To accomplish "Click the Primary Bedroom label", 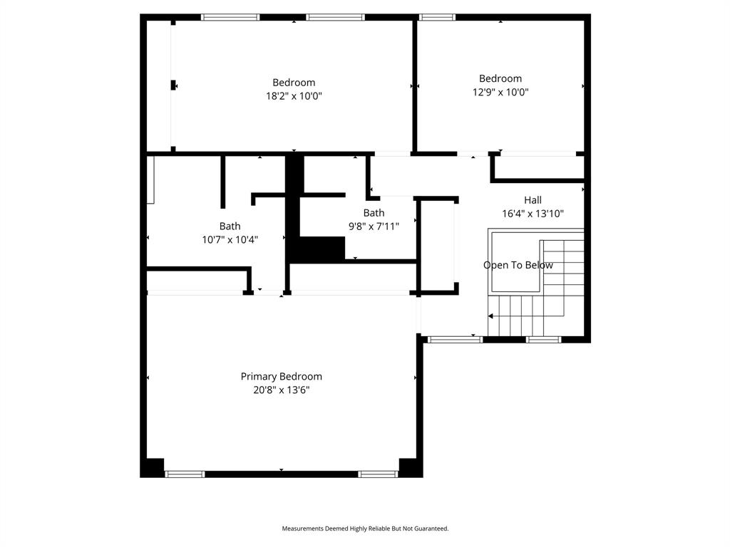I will tap(281, 376).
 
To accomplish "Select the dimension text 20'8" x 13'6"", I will tap(281, 390).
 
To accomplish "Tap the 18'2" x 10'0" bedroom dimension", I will tap(294, 96).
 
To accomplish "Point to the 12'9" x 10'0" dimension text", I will tap(500, 92).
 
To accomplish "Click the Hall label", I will tap(533, 200).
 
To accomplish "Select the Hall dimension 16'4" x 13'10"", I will tap(533, 213).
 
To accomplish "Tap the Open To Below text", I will tap(518, 265).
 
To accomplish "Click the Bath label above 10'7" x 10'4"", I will tap(230, 226).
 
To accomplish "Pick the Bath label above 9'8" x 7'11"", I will tap(374, 213).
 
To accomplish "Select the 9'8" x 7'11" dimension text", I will tap(374, 226).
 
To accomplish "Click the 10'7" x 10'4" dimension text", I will tap(230, 240).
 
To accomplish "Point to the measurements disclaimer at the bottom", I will tap(365, 528).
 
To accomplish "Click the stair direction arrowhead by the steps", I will tap(491, 316).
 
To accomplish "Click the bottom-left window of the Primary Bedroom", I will tap(185, 474).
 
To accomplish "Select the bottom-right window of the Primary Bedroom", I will tap(378, 474).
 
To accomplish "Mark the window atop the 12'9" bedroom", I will tap(437, 17).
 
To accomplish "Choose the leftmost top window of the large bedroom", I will tap(230, 17).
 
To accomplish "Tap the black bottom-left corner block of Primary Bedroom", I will tap(153, 467).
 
